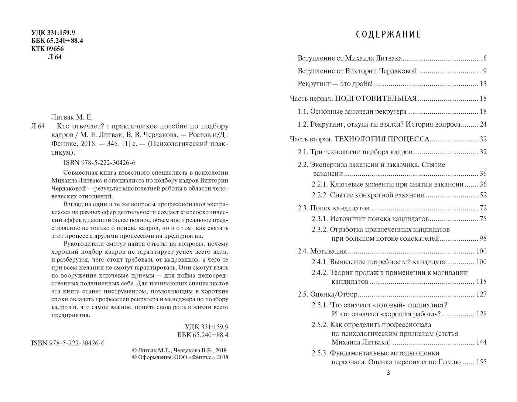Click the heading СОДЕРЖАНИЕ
[x=388, y=35]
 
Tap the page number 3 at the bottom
[x=388, y=373]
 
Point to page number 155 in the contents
[x=481, y=362]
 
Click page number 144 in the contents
[x=481, y=342]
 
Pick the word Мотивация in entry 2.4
[x=328, y=251]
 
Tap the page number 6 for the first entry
[x=485, y=58]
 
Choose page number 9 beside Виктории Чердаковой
[x=485, y=71]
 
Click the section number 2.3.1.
[x=319, y=219]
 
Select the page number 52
[x=483, y=195]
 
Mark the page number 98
[x=483, y=238]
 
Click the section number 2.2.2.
[x=319, y=195]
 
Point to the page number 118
[x=481, y=282]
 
